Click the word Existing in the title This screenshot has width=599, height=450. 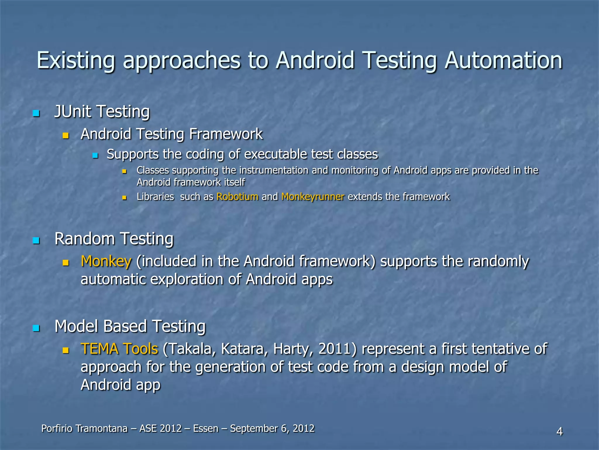(x=75, y=61)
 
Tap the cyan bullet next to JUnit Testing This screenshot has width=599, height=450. (x=36, y=113)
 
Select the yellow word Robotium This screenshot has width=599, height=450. (x=237, y=197)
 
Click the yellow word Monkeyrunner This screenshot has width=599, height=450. (x=313, y=197)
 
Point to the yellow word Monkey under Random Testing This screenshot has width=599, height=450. (x=106, y=261)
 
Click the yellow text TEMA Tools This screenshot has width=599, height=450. (x=119, y=349)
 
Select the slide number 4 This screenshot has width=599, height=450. (x=559, y=432)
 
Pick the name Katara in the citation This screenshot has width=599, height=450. (x=244, y=349)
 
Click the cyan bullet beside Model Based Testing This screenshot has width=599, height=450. (x=36, y=328)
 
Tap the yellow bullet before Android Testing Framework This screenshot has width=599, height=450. (x=66, y=135)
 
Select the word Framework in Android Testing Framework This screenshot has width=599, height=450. (x=226, y=134)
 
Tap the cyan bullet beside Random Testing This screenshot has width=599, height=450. (x=36, y=241)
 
